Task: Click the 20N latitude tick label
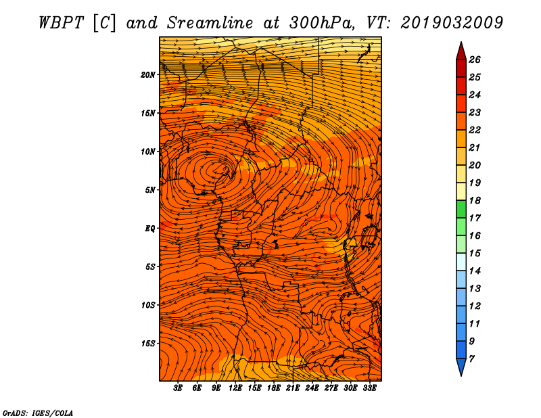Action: point(148,75)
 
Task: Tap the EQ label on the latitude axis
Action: point(150,229)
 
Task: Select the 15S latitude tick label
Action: point(148,344)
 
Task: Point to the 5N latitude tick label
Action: point(150,190)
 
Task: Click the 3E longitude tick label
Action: point(178,388)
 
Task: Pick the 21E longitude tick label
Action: point(293,388)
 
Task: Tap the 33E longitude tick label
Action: point(369,388)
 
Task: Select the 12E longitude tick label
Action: point(235,388)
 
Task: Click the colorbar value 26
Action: point(475,60)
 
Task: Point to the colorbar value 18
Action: point(475,200)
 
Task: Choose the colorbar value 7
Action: point(471,359)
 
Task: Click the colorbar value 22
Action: point(475,130)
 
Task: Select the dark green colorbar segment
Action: point(461,209)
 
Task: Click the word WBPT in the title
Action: point(62,23)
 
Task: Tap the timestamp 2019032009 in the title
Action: point(452,23)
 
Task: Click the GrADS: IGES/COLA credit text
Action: point(38,413)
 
